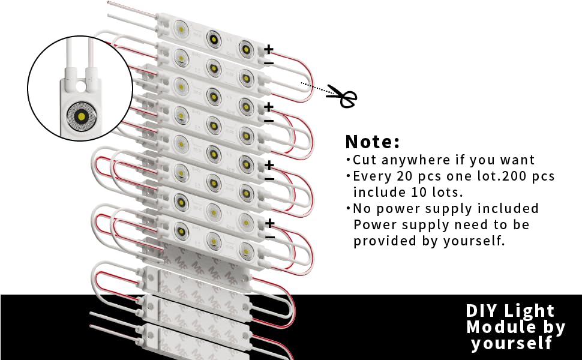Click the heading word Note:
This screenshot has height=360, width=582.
pos(372,142)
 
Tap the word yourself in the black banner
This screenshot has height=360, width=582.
pos(512,344)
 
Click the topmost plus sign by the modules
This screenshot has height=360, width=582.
pos(269,49)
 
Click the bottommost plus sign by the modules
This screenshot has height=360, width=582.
pos(270,223)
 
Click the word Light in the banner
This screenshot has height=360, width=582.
pos(529,311)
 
